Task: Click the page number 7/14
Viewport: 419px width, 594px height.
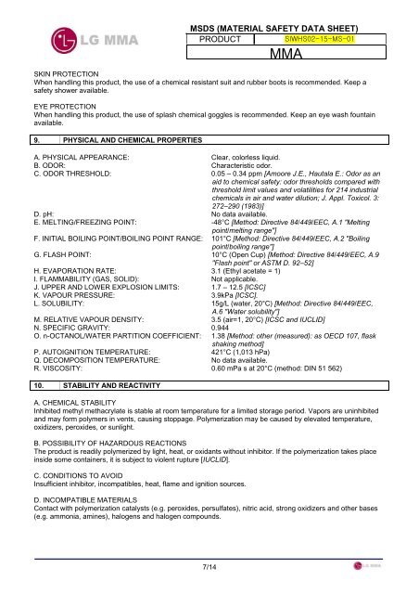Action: (x=209, y=567)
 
